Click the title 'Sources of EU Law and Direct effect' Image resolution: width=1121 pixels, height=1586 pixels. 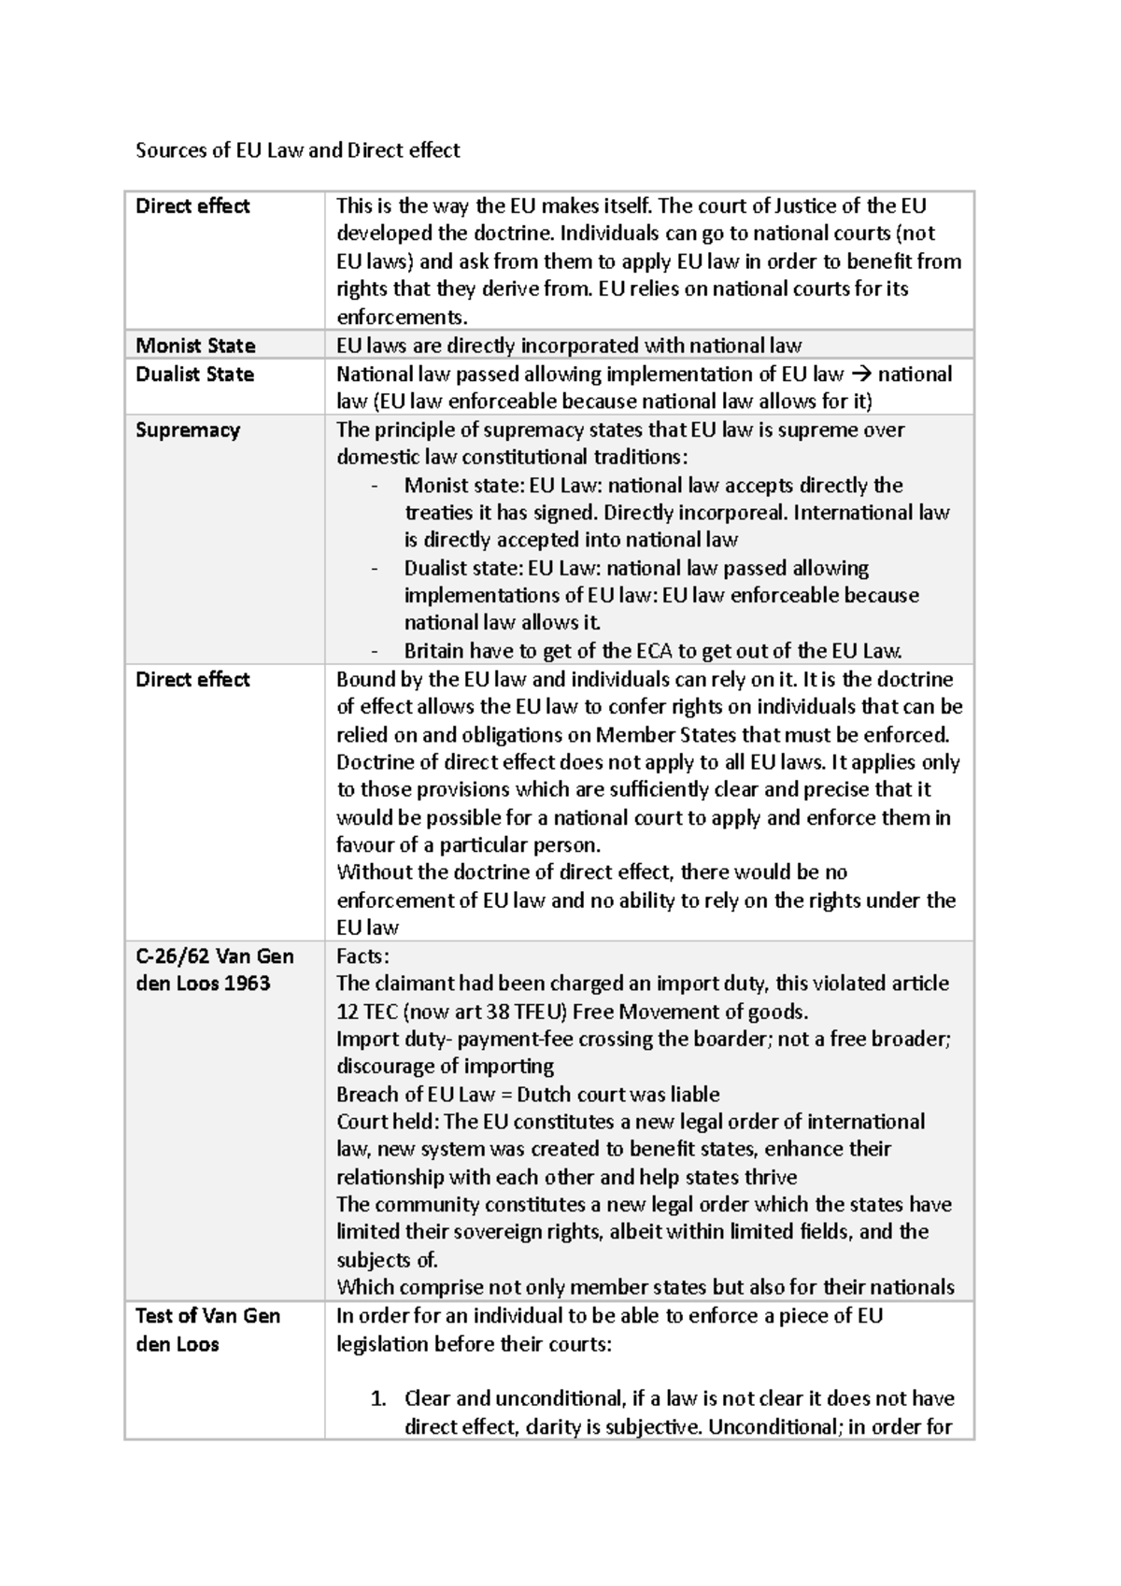(297, 150)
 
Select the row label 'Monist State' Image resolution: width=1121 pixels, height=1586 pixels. (195, 346)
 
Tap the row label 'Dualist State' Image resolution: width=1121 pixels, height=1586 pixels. (194, 375)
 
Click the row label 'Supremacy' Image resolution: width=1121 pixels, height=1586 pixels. (188, 431)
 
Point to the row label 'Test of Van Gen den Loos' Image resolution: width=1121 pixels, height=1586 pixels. (207, 1330)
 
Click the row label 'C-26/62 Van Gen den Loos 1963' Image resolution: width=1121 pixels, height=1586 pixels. (214, 970)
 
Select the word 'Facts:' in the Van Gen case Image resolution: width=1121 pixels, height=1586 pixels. (362, 956)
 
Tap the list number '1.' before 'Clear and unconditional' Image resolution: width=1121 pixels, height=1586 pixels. (377, 1399)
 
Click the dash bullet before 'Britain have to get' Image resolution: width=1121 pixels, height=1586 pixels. (375, 651)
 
